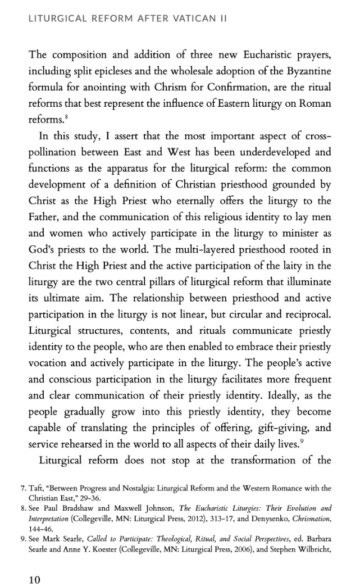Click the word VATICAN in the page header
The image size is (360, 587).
pos(179,19)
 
